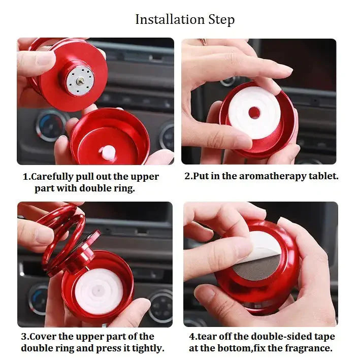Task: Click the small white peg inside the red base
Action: pyautogui.click(x=108, y=151)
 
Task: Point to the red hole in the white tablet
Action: pyautogui.click(x=254, y=112)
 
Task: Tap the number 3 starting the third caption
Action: pyautogui.click(x=24, y=337)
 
